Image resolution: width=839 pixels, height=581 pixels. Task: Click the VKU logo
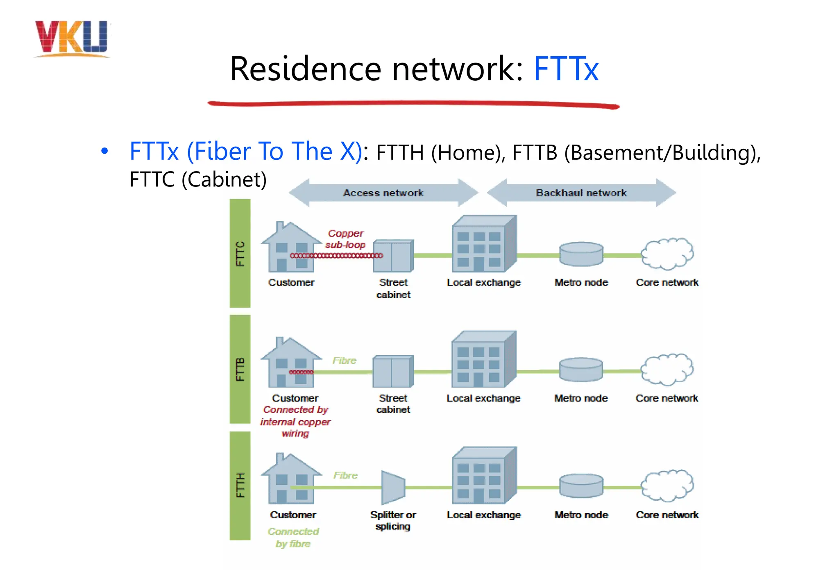(72, 39)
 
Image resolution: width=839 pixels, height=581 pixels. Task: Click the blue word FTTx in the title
(566, 69)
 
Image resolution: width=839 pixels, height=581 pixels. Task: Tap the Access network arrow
(383, 193)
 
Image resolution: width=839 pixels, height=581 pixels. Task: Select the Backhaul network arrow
(581, 193)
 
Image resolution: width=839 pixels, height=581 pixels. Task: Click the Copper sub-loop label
(345, 239)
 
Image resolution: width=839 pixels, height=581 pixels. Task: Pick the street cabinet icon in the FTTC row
(393, 256)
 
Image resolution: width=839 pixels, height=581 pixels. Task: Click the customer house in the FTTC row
(291, 247)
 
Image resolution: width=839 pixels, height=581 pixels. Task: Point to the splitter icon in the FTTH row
(393, 487)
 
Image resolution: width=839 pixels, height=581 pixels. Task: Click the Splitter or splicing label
(393, 520)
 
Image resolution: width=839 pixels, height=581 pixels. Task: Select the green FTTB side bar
(240, 369)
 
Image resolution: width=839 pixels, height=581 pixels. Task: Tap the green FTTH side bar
(240, 486)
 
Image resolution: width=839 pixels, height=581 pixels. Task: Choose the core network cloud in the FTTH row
(667, 486)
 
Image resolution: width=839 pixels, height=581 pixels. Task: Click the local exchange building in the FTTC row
(483, 244)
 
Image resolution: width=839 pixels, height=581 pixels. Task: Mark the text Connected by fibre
(293, 538)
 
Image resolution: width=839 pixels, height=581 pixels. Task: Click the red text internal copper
(295, 422)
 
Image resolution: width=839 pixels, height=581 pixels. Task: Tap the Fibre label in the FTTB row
(344, 361)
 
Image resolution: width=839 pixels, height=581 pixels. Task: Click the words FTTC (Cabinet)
(198, 179)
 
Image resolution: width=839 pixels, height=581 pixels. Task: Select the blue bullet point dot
(104, 151)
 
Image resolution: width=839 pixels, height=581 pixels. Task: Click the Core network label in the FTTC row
(667, 282)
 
